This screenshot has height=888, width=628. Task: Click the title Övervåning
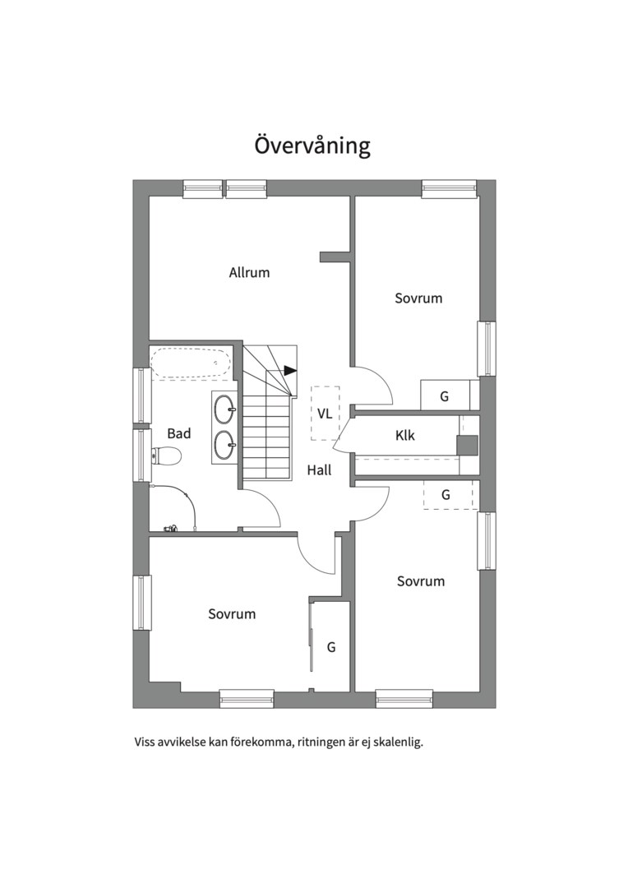(x=312, y=145)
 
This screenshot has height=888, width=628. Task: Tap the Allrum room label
(x=249, y=272)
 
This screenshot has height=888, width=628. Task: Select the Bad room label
(x=179, y=433)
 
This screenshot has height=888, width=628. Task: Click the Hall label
(x=320, y=469)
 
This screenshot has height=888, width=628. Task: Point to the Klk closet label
(x=405, y=435)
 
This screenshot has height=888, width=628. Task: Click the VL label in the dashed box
(x=325, y=414)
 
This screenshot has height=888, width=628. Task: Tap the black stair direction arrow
(x=290, y=370)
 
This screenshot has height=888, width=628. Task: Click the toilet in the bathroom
(x=166, y=455)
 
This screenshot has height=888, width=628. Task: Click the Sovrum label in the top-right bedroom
(x=418, y=298)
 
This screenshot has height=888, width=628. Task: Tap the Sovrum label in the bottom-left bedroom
(x=232, y=614)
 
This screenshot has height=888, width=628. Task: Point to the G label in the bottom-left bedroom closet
(x=331, y=647)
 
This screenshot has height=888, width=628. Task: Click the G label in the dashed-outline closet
(x=446, y=495)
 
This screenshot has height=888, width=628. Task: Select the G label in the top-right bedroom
(x=445, y=396)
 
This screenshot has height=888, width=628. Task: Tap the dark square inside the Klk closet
(x=467, y=445)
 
